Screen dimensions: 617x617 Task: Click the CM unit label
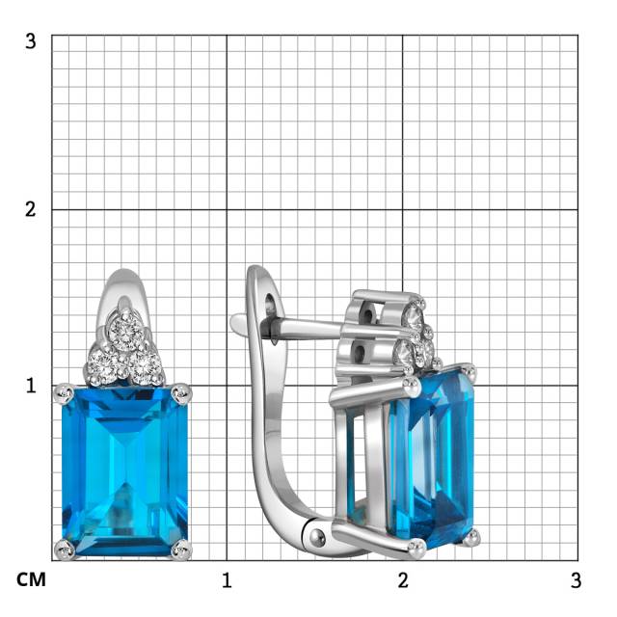pos(31,579)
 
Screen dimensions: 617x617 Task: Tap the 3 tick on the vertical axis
pos(30,40)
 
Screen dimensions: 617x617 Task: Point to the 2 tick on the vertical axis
pos(30,209)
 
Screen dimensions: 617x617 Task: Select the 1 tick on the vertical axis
pos(31,386)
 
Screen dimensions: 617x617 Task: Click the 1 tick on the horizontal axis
pos(227,580)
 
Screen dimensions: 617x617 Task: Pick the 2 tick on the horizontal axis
pos(403,580)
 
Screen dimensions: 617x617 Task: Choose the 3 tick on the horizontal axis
pos(576,580)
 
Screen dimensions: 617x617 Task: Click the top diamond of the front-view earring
pos(126,330)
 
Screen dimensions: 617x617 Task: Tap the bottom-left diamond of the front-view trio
pos(103,364)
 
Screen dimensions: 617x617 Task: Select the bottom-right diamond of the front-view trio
pos(146,366)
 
